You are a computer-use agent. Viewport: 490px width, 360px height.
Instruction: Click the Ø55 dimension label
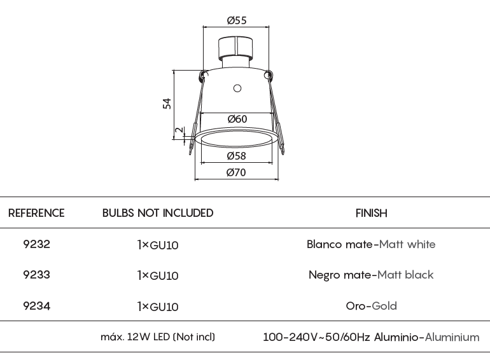point(237,20)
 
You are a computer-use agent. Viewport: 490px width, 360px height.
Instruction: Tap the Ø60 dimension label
point(237,119)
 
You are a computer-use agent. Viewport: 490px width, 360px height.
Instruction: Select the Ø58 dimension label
point(236,156)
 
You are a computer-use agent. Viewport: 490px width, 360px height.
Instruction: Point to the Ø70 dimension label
point(236,172)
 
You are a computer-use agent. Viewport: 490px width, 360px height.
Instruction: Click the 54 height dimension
point(167,104)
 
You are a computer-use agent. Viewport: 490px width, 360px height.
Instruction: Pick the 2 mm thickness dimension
point(179,130)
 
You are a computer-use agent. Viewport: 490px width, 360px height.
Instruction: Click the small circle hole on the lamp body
point(237,88)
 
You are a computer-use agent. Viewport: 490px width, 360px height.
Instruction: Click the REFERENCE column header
point(36,213)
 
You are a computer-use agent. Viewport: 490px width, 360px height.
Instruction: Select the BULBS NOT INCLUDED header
point(158,213)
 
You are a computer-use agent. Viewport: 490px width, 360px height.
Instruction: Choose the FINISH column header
point(371,213)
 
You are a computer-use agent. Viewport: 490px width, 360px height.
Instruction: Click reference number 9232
point(36,244)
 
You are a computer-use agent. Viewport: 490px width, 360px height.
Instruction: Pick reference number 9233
point(36,275)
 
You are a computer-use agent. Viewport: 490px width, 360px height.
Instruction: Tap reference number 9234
point(36,306)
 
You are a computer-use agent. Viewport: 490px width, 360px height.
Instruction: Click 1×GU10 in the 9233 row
point(158,275)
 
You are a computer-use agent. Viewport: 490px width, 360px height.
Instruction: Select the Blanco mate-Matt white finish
point(371,244)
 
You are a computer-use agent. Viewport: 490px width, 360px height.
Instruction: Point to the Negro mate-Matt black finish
point(371,275)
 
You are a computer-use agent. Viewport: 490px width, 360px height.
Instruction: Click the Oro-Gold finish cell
point(371,306)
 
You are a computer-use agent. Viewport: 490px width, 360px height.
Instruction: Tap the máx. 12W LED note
point(158,337)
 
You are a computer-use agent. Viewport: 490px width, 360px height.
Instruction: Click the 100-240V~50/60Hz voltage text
point(316,337)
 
